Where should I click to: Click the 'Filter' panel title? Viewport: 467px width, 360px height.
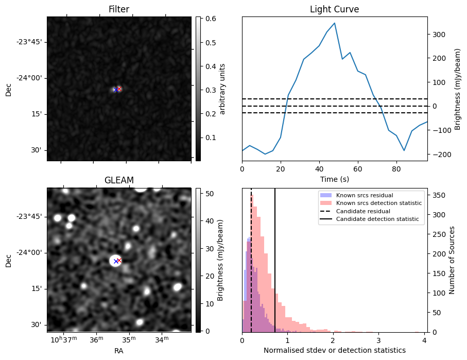pos(118,9)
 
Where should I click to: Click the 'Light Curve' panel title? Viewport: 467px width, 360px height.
pos(334,9)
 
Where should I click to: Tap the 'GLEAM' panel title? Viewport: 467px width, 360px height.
pos(118,180)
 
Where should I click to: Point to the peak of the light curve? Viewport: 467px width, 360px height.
pos(335,23)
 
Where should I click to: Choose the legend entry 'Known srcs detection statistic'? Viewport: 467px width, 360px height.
pos(378,203)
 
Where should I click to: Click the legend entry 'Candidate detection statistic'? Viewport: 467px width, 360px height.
pos(377,219)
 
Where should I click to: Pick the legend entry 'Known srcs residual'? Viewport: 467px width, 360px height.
pos(364,195)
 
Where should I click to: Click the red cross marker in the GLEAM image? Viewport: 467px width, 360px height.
pos(119,260)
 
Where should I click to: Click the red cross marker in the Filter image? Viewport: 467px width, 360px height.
pos(119,89)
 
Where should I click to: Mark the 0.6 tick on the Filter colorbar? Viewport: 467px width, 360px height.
pos(206,19)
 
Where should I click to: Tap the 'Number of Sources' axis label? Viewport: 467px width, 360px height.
pos(453,260)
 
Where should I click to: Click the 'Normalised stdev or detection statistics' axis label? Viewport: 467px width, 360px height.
pos(334,350)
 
